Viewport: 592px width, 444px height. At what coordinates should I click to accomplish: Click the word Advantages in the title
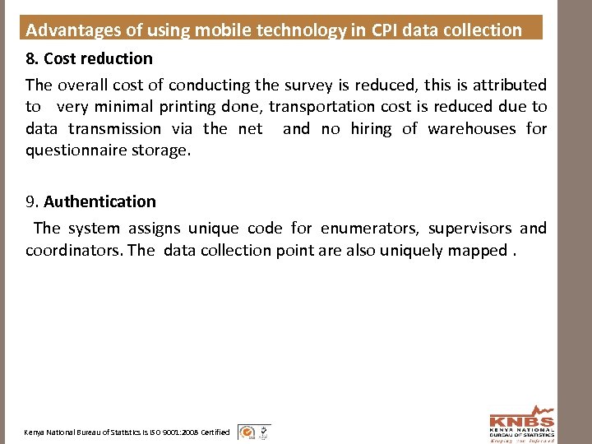point(70,30)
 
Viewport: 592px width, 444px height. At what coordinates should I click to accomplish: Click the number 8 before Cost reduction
point(30,58)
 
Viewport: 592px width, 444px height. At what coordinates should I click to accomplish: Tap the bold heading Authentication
point(99,201)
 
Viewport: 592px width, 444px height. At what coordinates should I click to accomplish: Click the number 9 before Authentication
point(30,201)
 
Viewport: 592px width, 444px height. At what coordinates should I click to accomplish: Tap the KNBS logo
point(521,423)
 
